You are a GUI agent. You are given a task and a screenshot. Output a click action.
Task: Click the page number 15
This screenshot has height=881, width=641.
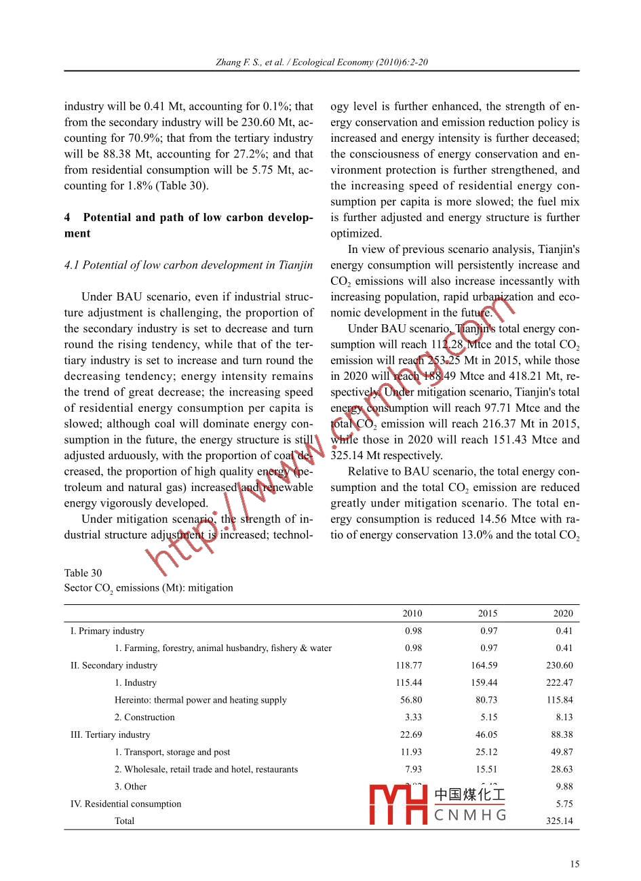[x=575, y=863]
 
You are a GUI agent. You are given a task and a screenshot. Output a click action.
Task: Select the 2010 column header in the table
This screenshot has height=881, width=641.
[x=412, y=613]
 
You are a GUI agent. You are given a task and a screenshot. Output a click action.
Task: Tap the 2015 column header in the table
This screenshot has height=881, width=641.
[x=487, y=613]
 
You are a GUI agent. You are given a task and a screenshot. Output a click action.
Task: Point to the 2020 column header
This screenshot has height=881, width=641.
[x=562, y=613]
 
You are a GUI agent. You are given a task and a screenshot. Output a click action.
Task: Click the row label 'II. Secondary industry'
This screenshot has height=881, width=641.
[x=114, y=665]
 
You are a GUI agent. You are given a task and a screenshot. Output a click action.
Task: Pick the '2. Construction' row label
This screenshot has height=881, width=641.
[x=144, y=717]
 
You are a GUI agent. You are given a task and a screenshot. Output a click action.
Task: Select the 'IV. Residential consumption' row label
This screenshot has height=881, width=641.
[x=126, y=804]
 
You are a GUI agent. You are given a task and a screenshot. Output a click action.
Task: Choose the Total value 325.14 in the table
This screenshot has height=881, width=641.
[x=559, y=821]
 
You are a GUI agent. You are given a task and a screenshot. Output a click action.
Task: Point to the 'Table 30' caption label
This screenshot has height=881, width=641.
[x=83, y=572]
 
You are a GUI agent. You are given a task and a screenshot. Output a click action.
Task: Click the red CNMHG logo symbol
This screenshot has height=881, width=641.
[x=397, y=804]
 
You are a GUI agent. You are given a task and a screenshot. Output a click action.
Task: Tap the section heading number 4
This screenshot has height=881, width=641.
[x=67, y=218]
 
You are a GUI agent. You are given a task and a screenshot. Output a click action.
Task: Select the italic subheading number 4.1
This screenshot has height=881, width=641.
[x=72, y=265]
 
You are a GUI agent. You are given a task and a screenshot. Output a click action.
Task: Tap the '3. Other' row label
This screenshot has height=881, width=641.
[x=130, y=787]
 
